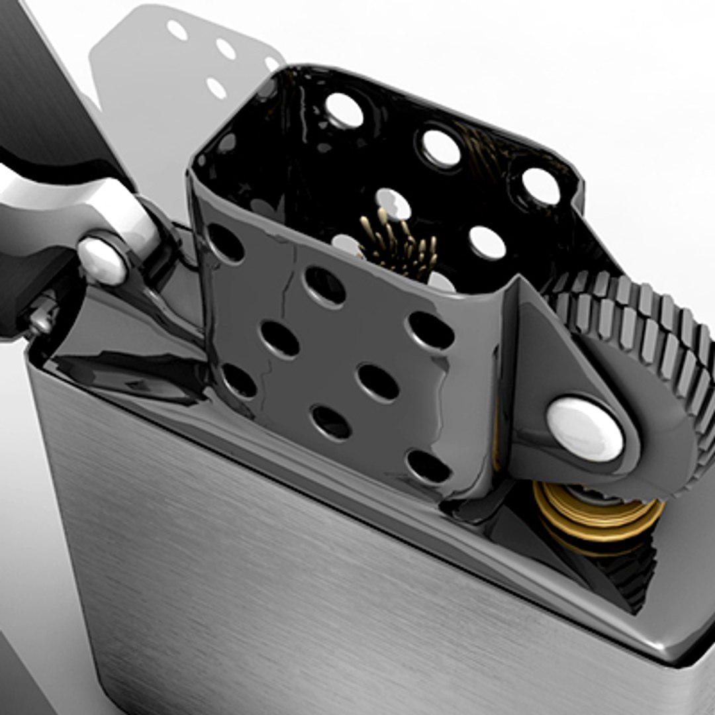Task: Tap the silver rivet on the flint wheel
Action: click(x=585, y=429)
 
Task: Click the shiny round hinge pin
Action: click(x=103, y=260)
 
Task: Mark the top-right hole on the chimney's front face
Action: click(x=431, y=330)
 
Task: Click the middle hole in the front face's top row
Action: click(x=324, y=285)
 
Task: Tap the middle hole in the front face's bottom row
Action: click(x=331, y=421)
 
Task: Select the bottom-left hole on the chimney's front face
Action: click(x=239, y=381)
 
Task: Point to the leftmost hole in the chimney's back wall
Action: click(x=344, y=110)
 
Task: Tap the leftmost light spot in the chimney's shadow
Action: click(x=177, y=30)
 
